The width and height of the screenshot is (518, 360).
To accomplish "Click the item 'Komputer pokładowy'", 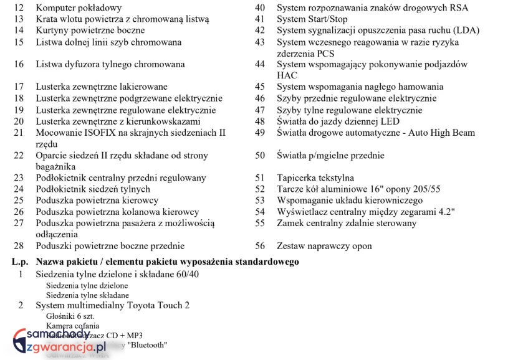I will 79,8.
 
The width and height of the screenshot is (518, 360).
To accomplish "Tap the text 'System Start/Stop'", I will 312,19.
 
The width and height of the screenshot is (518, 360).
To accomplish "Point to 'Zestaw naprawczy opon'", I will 324,246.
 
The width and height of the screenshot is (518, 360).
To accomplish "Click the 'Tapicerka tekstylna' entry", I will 315,178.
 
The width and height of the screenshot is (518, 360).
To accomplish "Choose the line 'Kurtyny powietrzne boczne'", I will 90,31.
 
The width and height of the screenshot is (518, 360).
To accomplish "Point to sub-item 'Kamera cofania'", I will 72,326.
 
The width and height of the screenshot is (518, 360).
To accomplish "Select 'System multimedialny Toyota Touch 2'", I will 112,305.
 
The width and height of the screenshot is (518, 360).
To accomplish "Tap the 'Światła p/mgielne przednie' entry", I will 330,156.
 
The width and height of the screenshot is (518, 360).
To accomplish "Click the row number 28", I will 19,246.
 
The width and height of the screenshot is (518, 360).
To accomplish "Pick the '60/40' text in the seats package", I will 186,275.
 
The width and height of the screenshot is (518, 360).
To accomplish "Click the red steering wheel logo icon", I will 22,340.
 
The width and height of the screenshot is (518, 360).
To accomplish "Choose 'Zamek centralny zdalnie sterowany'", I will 347,223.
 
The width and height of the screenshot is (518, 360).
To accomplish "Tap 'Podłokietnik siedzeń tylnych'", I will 93,189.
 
